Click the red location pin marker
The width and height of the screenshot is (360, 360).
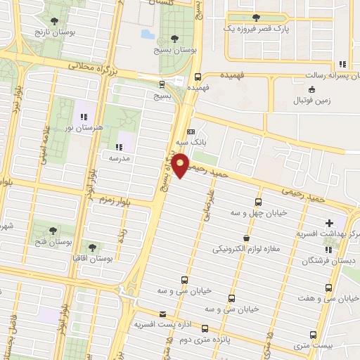pos(181,165)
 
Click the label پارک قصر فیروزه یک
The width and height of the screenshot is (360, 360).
pos(253,28)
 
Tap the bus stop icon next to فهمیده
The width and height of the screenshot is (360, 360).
pos(198,77)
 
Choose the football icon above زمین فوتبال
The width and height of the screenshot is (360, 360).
pos(312,89)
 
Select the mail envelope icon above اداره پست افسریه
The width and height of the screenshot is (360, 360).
pos(163,314)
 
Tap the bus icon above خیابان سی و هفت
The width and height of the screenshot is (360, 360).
pos(328,288)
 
